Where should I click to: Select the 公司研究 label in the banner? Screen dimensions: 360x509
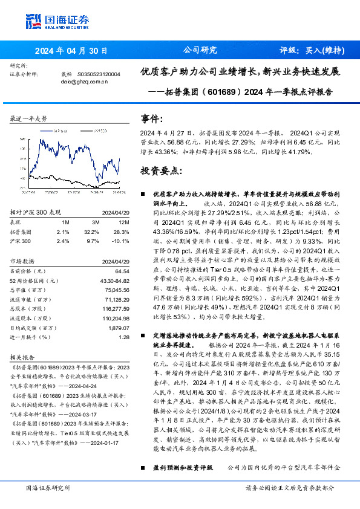[199, 50]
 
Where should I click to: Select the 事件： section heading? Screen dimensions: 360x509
[152, 120]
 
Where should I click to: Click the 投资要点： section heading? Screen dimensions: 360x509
[161, 171]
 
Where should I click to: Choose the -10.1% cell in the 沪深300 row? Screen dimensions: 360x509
[121, 241]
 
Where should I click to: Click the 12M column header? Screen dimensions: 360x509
[123, 222]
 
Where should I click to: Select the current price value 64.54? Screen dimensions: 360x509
[122, 271]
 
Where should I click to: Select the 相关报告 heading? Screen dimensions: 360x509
[25, 356]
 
